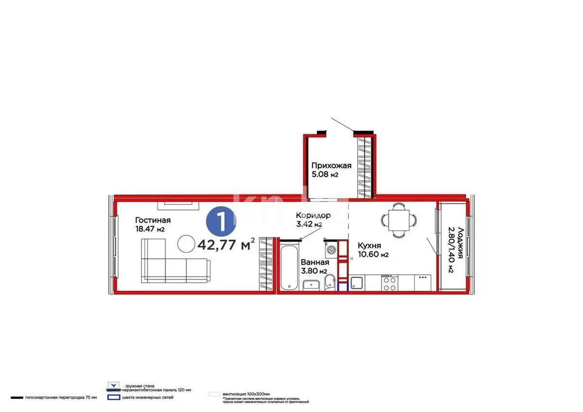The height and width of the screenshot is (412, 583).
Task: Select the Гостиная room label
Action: click(x=153, y=220)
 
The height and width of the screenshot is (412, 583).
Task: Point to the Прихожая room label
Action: click(x=331, y=166)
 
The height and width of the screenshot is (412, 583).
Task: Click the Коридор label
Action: click(x=313, y=215)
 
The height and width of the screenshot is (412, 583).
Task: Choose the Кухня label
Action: click(x=369, y=245)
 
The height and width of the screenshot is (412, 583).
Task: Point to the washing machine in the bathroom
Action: click(x=331, y=250)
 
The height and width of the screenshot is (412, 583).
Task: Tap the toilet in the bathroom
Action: click(x=329, y=281)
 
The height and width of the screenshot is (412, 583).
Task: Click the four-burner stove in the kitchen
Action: click(x=390, y=283)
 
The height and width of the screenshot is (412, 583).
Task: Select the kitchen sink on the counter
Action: click(x=357, y=283)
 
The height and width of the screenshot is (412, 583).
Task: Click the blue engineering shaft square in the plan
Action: click(x=343, y=287)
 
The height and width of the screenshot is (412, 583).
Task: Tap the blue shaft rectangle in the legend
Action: click(x=114, y=397)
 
